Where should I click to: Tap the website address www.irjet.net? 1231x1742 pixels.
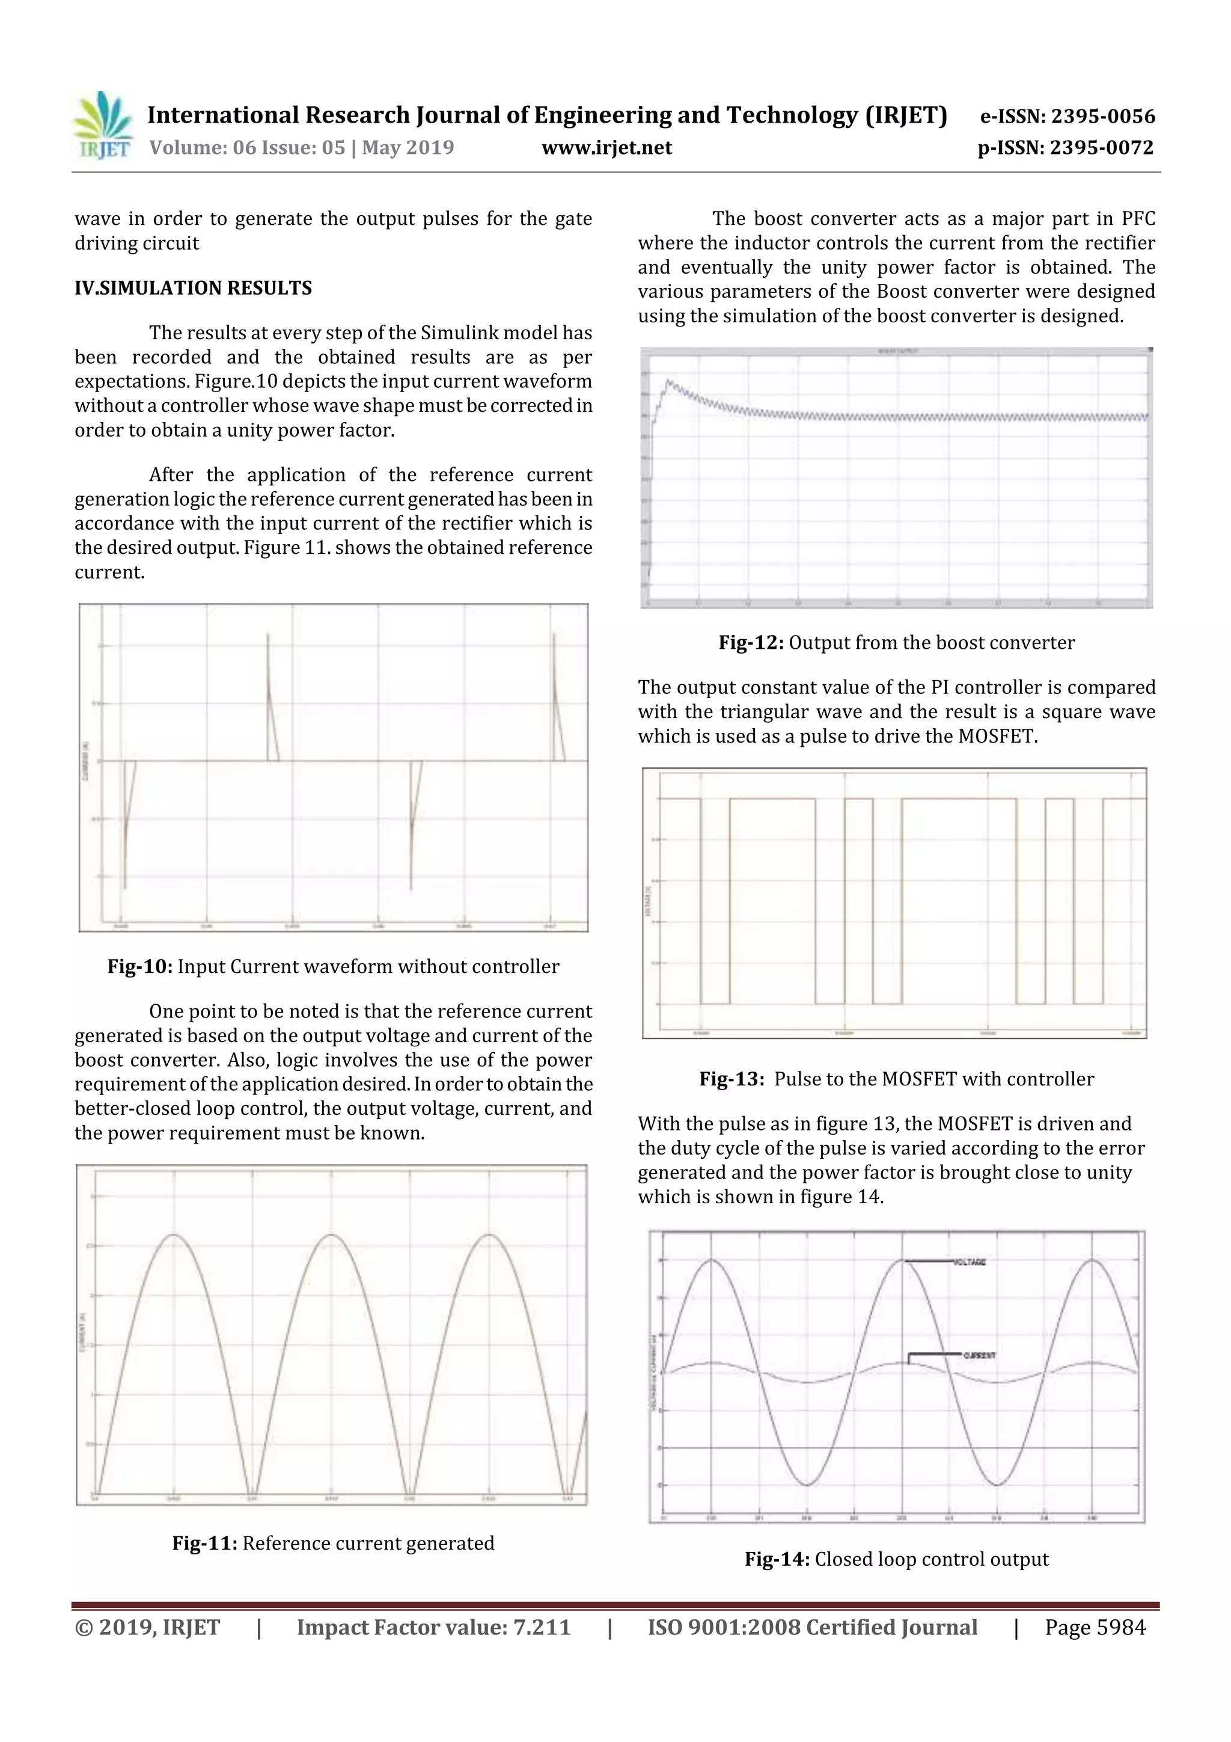pos(606,147)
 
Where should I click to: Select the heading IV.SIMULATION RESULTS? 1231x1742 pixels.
pos(194,288)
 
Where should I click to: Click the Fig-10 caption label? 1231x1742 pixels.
pos(140,966)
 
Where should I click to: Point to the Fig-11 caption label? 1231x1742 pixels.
pos(206,1543)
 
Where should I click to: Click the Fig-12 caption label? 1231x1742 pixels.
pos(751,643)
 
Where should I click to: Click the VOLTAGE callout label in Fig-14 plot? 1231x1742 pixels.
pos(970,1262)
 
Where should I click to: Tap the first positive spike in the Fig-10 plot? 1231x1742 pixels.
pos(267,637)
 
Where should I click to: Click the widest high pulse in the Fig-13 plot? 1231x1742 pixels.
pos(959,800)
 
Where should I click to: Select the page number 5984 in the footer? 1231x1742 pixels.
pos(1119,1627)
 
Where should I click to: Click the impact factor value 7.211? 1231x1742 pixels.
pos(542,1627)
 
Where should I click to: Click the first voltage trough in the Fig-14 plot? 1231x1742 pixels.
pos(808,1484)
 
